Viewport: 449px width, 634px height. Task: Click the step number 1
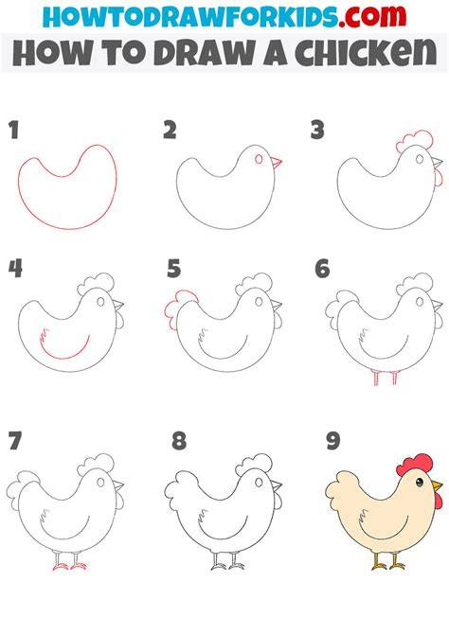pyautogui.click(x=14, y=131)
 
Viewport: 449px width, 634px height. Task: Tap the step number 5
pyautogui.click(x=174, y=269)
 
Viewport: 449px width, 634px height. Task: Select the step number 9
pyautogui.click(x=332, y=441)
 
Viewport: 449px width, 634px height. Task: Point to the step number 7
pyautogui.click(x=14, y=441)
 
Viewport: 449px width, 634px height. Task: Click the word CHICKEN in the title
pyautogui.click(x=366, y=53)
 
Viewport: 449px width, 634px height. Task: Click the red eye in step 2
pyautogui.click(x=260, y=159)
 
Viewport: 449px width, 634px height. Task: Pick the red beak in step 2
pyautogui.click(x=277, y=163)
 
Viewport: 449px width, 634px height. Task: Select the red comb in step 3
pyautogui.click(x=415, y=141)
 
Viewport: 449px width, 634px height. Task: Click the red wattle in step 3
pyautogui.click(x=439, y=178)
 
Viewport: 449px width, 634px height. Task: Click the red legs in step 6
pyautogui.click(x=386, y=378)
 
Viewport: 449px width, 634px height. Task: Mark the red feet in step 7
pyautogui.click(x=69, y=567)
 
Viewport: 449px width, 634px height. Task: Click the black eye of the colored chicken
pyautogui.click(x=420, y=482)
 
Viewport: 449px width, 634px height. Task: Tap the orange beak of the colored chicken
pyautogui.click(x=437, y=485)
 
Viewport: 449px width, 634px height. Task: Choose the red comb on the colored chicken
pyautogui.click(x=415, y=465)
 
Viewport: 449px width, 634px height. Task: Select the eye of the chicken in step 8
pyautogui.click(x=260, y=483)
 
